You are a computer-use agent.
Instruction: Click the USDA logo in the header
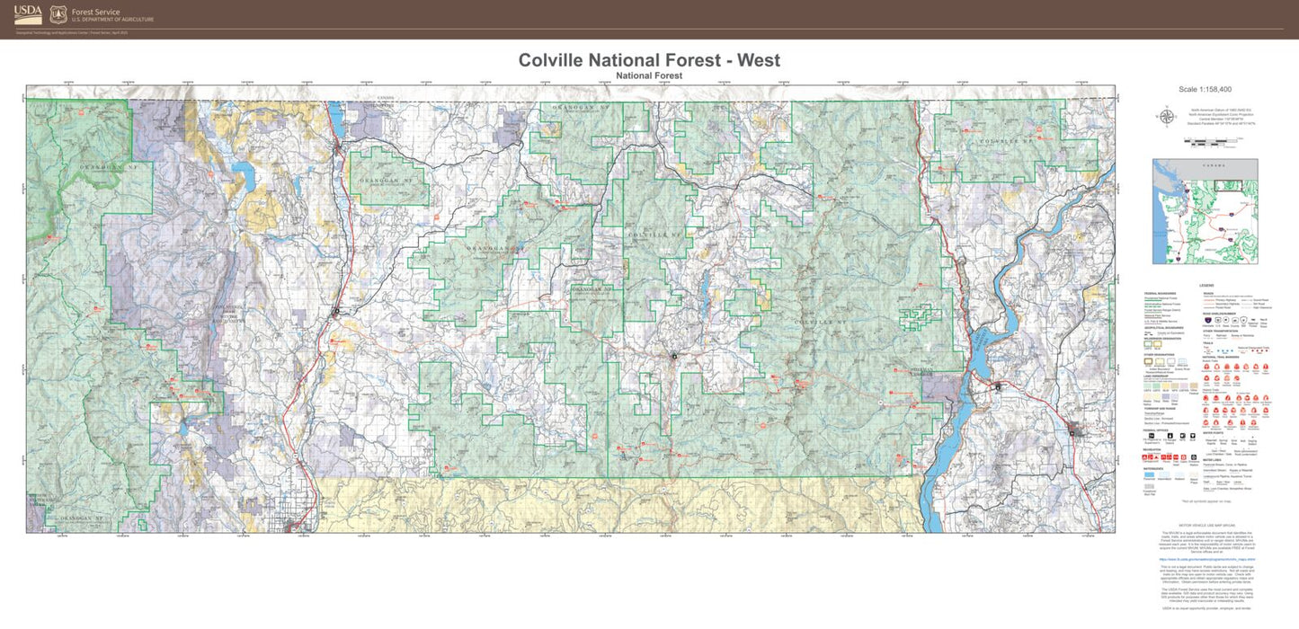point(28,13)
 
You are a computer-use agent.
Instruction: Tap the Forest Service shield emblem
point(58,14)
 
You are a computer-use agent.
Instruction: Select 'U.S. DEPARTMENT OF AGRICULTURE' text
point(112,20)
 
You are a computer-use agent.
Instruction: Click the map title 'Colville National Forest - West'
point(649,60)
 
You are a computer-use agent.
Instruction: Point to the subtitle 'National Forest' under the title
point(649,75)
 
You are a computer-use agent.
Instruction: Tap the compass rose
point(1167,116)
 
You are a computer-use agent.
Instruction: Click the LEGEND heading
point(1206,286)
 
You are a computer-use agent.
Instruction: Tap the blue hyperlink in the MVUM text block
point(1206,557)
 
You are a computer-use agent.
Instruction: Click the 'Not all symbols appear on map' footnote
point(1206,501)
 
